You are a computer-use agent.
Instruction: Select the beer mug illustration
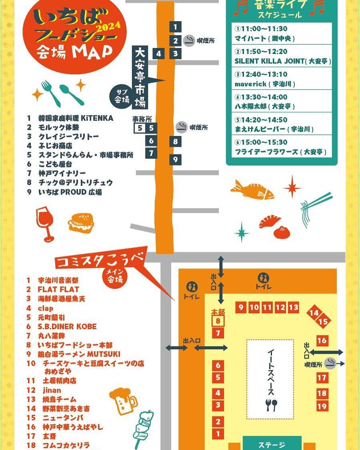(x=122, y=400)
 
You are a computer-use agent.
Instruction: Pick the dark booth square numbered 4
(x=159, y=53)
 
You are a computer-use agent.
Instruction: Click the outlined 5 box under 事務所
(x=140, y=128)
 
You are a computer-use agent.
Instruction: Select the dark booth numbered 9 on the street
(x=175, y=160)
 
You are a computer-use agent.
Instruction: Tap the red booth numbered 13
(x=294, y=307)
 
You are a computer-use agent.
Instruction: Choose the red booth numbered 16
(x=322, y=340)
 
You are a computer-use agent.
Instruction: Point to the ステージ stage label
(x=272, y=445)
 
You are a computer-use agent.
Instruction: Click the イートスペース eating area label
(x=270, y=372)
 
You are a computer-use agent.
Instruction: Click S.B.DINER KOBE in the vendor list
(x=67, y=326)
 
